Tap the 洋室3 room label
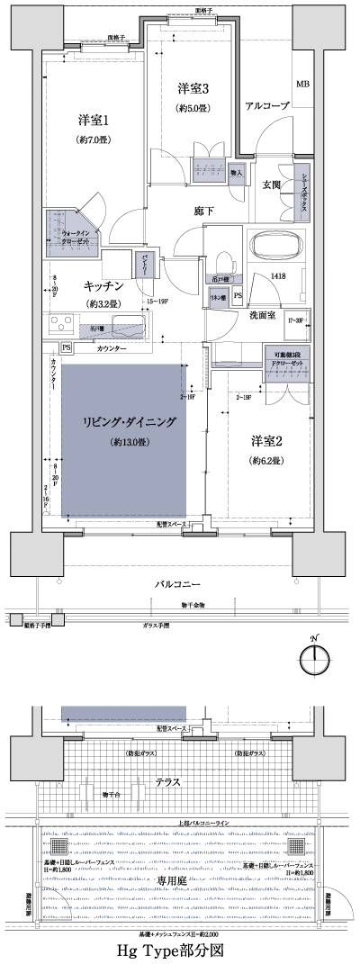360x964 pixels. click(193, 88)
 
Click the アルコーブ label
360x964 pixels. click(266, 106)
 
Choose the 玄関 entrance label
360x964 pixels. click(271, 185)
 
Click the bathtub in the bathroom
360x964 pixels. click(279, 247)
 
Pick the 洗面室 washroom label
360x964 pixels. click(262, 315)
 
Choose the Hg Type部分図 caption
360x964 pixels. click(179, 950)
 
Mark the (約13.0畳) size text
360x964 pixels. click(130, 442)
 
